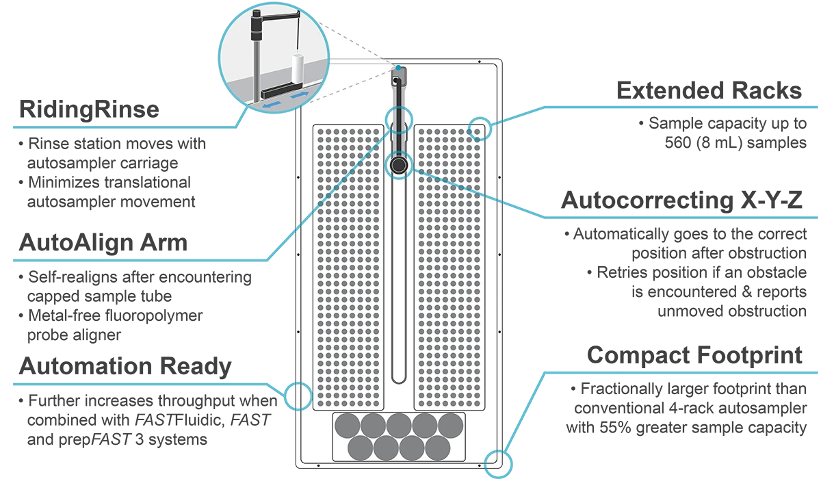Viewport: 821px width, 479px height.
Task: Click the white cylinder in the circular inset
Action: pyautogui.click(x=297, y=68)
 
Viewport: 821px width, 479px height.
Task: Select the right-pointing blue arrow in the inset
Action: pyautogui.click(x=296, y=96)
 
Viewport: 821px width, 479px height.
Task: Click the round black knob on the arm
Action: pyautogui.click(x=398, y=165)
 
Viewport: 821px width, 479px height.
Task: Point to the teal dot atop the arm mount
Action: pyautogui.click(x=399, y=68)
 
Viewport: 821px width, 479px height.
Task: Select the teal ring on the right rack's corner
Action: pyautogui.click(x=480, y=128)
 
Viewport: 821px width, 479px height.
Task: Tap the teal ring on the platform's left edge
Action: pyautogui.click(x=300, y=396)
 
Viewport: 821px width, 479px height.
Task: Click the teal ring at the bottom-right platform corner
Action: pyautogui.click(x=495, y=459)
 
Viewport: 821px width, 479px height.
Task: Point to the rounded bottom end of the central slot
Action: pyautogui.click(x=398, y=378)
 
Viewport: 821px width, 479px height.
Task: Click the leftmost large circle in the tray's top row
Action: pyautogui.click(x=347, y=425)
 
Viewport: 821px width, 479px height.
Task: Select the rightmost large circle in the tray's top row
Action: pyautogui.click(x=449, y=425)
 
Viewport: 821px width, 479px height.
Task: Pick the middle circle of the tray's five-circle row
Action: pyautogui.click(x=398, y=425)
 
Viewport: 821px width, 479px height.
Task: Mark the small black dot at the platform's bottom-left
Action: pyautogui.click(x=320, y=467)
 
